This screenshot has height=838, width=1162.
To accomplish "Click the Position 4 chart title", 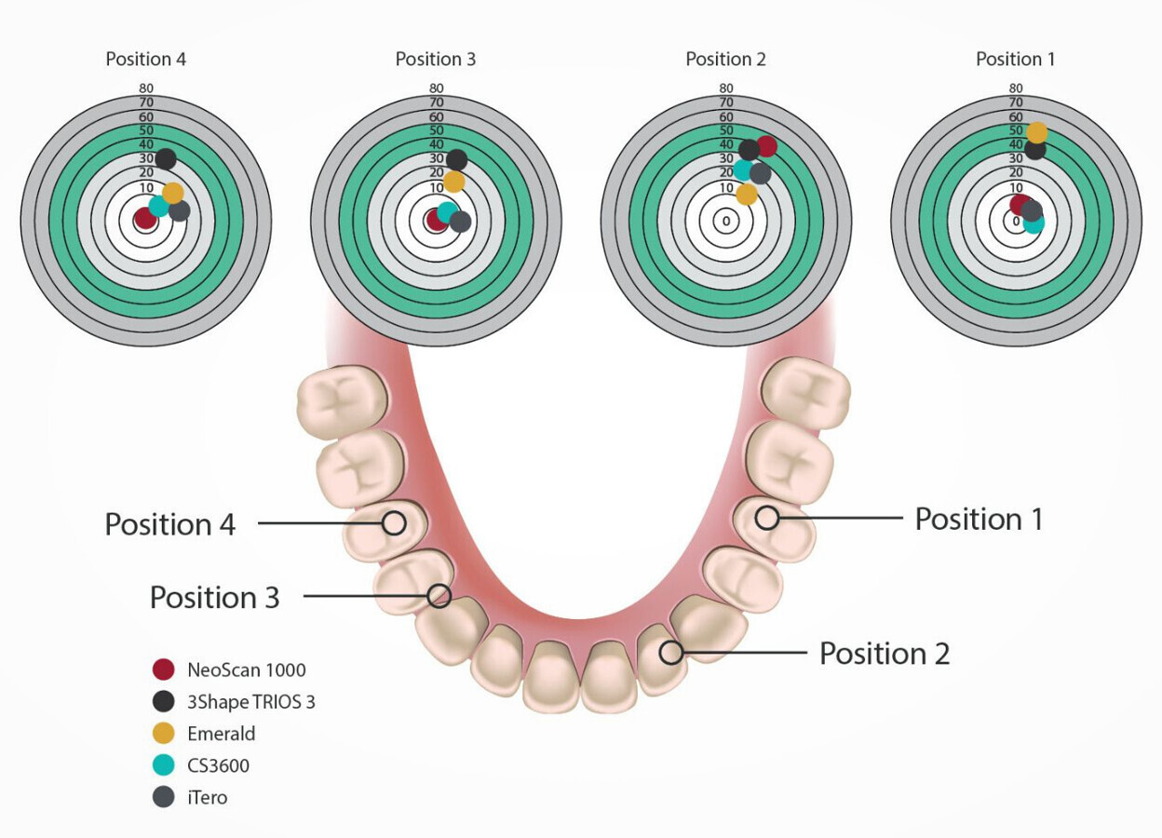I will point(145,60).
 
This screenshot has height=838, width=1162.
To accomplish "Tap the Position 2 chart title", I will point(725,60).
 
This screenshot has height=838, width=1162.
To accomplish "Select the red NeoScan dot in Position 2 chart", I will point(765,146).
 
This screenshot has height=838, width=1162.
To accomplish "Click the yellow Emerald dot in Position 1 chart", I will point(1036,132).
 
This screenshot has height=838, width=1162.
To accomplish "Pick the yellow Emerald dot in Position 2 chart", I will point(747,194).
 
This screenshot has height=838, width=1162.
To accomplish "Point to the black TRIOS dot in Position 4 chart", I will point(166,158).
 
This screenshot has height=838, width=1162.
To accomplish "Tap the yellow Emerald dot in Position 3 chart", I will point(453,182).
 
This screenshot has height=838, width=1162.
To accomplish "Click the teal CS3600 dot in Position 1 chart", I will point(1034,223).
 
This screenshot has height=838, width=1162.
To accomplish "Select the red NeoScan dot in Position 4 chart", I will point(144,220).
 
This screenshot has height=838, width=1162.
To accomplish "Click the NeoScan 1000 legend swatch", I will point(164,669).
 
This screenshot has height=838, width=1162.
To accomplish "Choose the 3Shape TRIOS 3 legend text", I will point(251,702).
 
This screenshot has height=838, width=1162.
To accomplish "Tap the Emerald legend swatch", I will point(164,734).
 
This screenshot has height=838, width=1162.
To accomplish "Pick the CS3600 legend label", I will point(218,766).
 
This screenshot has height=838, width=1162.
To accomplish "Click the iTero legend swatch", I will point(164,798).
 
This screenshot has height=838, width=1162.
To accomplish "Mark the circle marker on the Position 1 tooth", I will point(767,518).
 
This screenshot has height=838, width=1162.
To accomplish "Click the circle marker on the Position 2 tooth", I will point(670,652).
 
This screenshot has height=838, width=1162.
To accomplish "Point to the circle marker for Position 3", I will point(439,595).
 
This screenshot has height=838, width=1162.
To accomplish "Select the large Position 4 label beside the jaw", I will point(170,524).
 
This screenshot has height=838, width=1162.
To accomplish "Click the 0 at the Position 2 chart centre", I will point(726,222).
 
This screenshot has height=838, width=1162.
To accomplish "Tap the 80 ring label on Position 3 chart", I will point(436,88).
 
